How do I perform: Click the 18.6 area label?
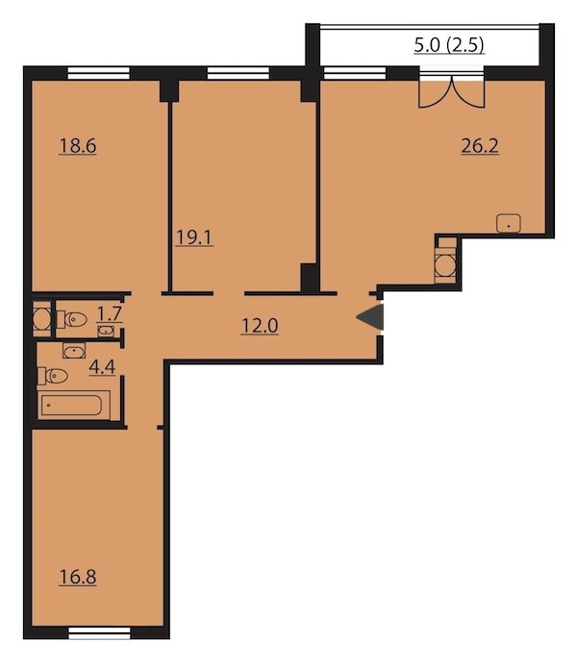(x=78, y=146)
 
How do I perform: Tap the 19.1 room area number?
(x=194, y=237)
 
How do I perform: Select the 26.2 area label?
(x=480, y=146)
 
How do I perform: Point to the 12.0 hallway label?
(x=260, y=326)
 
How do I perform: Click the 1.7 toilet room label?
(x=110, y=314)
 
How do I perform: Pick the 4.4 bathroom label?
(x=102, y=367)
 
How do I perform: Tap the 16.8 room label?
(x=78, y=578)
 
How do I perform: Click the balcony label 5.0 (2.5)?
(x=449, y=44)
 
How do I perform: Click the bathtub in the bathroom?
(x=71, y=405)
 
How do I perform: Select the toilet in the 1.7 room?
(x=71, y=319)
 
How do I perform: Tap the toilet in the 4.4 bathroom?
(x=53, y=376)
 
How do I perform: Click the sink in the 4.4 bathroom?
(x=74, y=351)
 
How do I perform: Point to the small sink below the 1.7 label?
(x=106, y=331)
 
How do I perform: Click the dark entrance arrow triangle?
(x=370, y=317)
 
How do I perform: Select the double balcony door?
(x=451, y=90)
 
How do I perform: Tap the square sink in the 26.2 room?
(x=509, y=223)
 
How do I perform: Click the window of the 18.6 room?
(x=98, y=73)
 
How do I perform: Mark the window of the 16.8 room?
(x=100, y=632)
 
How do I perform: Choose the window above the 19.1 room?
(x=238, y=73)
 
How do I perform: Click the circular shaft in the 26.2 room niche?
(x=445, y=266)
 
